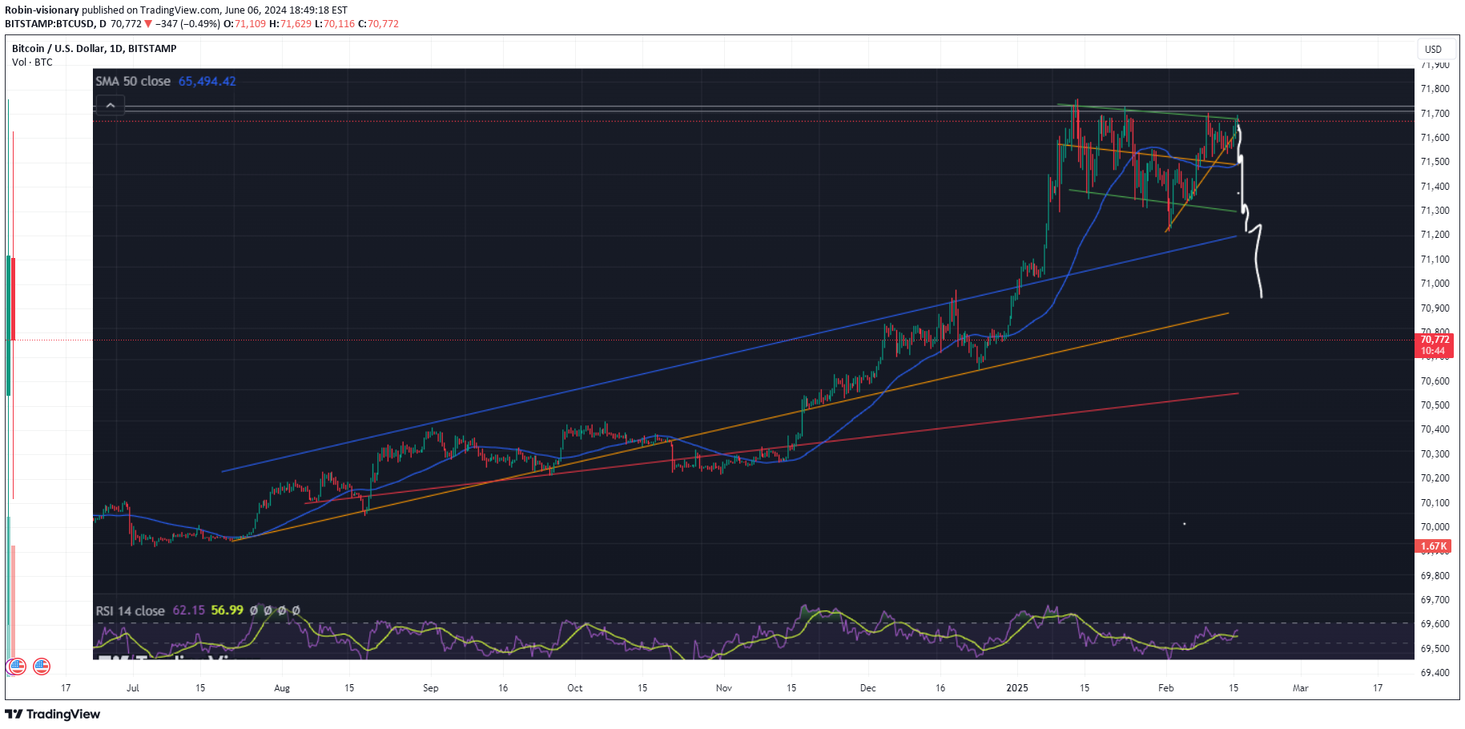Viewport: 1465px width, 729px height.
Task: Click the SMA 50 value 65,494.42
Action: pos(207,82)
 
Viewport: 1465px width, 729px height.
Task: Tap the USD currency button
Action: pos(1433,50)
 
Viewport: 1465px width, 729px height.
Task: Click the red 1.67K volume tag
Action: pos(1434,546)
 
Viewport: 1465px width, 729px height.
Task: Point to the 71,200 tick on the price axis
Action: pos(1435,235)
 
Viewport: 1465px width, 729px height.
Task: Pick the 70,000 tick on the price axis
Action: pos(1435,527)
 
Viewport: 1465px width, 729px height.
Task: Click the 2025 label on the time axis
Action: pos(1017,688)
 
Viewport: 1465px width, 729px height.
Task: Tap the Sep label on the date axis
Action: pos(431,688)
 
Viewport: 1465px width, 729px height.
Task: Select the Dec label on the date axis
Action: pos(868,688)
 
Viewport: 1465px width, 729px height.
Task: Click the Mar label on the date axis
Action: pos(1301,688)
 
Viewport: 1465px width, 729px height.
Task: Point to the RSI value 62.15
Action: pos(188,610)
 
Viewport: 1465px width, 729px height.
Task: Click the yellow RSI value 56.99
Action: pos(227,610)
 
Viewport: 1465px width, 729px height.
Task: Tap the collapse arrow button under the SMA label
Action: pos(110,105)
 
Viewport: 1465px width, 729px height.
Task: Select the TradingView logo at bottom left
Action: pos(53,714)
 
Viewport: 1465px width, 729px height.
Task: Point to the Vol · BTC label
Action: pos(32,62)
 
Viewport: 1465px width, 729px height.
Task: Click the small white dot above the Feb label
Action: pos(1184,524)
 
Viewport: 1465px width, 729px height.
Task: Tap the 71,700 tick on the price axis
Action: pos(1435,114)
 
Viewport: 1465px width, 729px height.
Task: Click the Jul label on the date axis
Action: pos(133,688)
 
